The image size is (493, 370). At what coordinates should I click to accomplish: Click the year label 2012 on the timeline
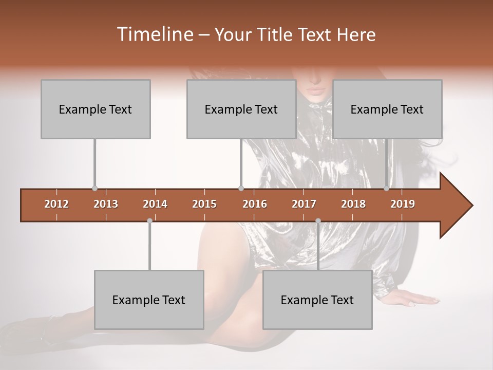pyautogui.click(x=56, y=204)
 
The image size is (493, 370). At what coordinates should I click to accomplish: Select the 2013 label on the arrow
pyautogui.click(x=106, y=204)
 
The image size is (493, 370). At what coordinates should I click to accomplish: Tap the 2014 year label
pyautogui.click(x=155, y=204)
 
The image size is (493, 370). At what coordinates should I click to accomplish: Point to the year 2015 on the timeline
pyautogui.click(x=204, y=204)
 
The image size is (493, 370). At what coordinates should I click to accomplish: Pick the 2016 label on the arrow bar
pyautogui.click(x=255, y=204)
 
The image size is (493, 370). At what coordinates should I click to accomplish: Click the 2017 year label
pyautogui.click(x=304, y=204)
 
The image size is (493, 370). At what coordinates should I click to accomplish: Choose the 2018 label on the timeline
pyautogui.click(x=353, y=204)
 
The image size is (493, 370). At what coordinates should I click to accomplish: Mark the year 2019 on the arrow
pyautogui.click(x=403, y=204)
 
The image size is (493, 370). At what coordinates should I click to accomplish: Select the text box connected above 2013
pyautogui.click(x=96, y=109)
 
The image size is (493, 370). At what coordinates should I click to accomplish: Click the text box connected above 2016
pyautogui.click(x=241, y=109)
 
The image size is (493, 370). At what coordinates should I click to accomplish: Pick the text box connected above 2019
pyautogui.click(x=387, y=109)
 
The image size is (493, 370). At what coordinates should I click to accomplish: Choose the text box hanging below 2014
pyautogui.click(x=149, y=300)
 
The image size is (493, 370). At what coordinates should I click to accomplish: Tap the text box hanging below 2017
pyautogui.click(x=317, y=300)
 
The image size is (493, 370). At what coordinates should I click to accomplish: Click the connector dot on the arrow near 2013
pyautogui.click(x=94, y=189)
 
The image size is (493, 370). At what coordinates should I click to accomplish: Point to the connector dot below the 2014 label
pyautogui.click(x=149, y=220)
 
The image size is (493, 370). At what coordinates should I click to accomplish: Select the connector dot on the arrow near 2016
pyautogui.click(x=241, y=189)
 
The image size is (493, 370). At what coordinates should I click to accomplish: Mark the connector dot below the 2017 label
pyautogui.click(x=318, y=220)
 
